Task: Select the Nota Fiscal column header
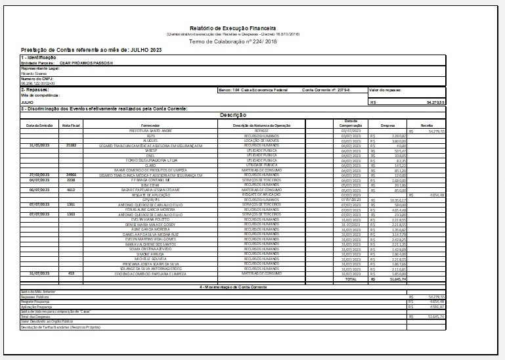click(72, 125)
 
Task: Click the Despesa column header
click(387, 125)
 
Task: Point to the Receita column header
click(426, 125)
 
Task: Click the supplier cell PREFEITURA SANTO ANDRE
click(150, 131)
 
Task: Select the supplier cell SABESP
click(150, 150)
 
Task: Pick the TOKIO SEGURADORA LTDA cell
click(150, 160)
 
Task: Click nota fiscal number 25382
click(72, 145)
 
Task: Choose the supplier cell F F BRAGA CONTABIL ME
click(150, 179)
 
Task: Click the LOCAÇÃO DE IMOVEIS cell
click(262, 141)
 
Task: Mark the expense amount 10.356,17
click(391, 200)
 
